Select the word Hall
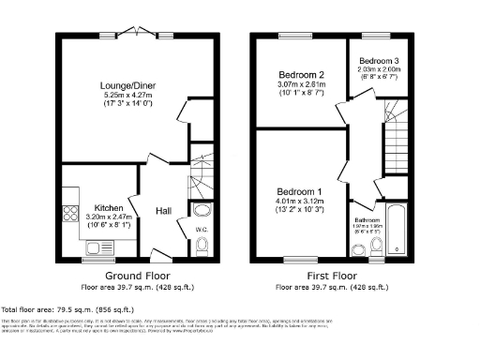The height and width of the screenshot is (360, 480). (x=163, y=211)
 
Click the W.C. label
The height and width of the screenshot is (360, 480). (x=201, y=229)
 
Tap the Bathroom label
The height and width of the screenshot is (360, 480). (x=366, y=217)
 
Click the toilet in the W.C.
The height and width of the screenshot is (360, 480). (x=202, y=246)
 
